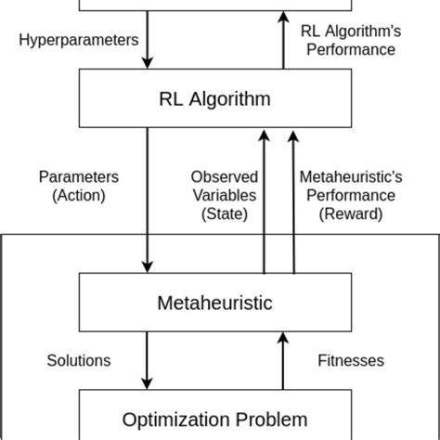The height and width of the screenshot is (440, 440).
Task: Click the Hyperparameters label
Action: (x=80, y=41)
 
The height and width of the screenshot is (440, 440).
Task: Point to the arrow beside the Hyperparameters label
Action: (x=146, y=41)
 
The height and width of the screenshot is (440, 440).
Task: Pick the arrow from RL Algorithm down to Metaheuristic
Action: (x=146, y=200)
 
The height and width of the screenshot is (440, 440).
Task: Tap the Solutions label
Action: (x=80, y=359)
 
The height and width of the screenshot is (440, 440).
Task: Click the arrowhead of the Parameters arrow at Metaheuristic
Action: (x=146, y=265)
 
